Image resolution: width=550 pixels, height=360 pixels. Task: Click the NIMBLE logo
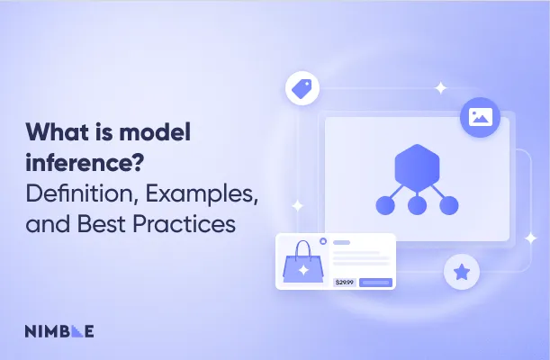click(59, 330)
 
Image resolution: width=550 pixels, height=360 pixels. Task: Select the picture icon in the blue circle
click(478, 117)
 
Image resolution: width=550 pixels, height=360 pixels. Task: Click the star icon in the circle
click(462, 271)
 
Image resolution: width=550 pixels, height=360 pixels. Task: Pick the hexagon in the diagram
click(417, 167)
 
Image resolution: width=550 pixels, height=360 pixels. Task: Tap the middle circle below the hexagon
click(417, 206)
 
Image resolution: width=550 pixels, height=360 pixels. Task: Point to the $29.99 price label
click(344, 282)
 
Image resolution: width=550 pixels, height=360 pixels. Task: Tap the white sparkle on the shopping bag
click(303, 269)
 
